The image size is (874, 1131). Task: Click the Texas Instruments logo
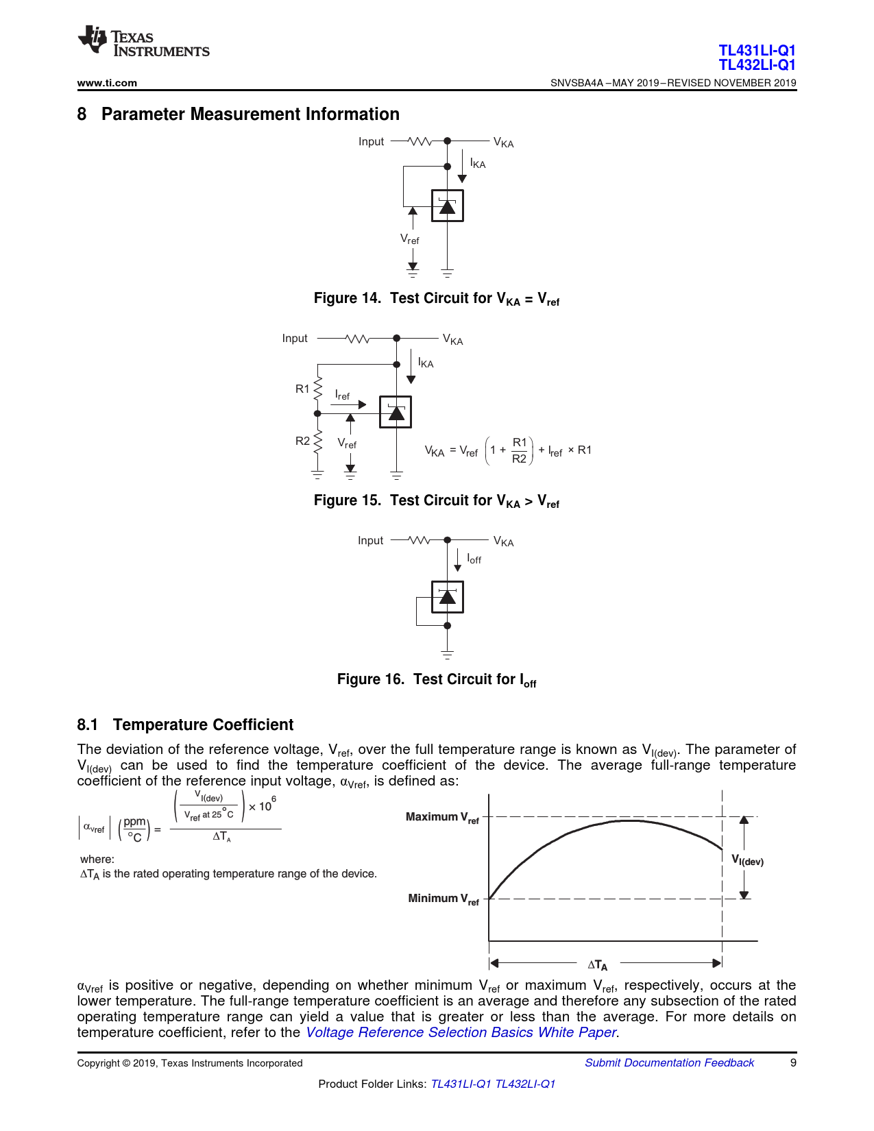pyautogui.click(x=143, y=42)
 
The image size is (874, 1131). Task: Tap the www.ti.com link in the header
pyautogui.click(x=107, y=83)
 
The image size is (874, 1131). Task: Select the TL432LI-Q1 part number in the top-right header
pyautogui.click(x=757, y=65)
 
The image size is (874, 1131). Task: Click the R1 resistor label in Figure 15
pyautogui.click(x=302, y=389)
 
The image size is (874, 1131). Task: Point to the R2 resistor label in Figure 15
pyautogui.click(x=302, y=441)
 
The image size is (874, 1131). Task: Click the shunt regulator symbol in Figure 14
pyautogui.click(x=447, y=206)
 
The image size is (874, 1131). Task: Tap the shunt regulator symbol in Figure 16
pyautogui.click(x=447, y=597)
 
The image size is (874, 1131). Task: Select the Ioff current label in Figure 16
pyautogui.click(x=474, y=559)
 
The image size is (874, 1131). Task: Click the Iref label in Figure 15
pyautogui.click(x=342, y=395)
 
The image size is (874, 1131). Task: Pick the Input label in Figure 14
pyautogui.click(x=371, y=142)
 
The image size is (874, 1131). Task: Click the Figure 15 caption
pyautogui.click(x=437, y=501)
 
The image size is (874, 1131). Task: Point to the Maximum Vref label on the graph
pyautogui.click(x=442, y=817)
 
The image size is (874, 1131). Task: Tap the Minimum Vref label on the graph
pyautogui.click(x=444, y=899)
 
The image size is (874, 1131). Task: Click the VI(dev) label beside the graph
pyautogui.click(x=747, y=860)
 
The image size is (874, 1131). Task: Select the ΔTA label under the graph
pyautogui.click(x=597, y=964)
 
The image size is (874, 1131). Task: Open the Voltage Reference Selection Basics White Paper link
pyautogui.click(x=461, y=1032)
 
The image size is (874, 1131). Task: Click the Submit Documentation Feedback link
pyautogui.click(x=669, y=1062)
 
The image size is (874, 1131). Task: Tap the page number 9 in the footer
pyautogui.click(x=793, y=1062)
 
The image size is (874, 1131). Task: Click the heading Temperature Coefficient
pyautogui.click(x=203, y=725)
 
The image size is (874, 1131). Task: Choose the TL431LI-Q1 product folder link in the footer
pyautogui.click(x=461, y=1084)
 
